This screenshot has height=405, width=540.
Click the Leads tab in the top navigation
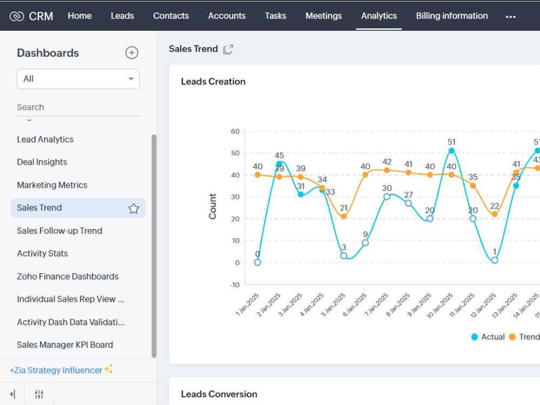122,16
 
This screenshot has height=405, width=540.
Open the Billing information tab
451,16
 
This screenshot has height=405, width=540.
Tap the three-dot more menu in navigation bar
510,17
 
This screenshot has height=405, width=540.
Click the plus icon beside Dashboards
132,52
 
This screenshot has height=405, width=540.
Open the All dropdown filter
78,79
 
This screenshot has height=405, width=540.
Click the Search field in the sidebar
78,107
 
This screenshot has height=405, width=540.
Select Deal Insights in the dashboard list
42,162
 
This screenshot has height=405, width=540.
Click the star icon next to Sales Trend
133,208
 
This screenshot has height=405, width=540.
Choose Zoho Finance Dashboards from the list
67,276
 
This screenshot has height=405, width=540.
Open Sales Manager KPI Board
65,345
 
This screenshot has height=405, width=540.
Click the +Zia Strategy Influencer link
56,370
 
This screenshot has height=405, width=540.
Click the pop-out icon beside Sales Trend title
228,49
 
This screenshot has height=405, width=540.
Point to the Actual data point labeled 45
279,164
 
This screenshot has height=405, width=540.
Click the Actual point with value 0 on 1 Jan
258,262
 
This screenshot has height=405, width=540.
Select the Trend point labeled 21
344,217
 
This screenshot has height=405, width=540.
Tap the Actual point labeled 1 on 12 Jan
495,260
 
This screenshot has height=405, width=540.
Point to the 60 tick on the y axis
235,131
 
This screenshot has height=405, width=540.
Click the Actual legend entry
488,337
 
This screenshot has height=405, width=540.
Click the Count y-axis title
213,206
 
